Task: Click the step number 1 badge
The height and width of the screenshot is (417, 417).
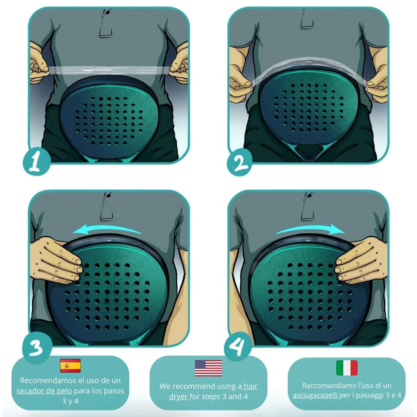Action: point(36,162)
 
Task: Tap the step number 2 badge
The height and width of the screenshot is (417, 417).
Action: point(239,163)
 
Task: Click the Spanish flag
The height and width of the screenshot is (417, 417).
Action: point(70,366)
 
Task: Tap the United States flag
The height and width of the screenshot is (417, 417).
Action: point(208,368)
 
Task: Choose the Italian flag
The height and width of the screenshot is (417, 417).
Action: point(347,368)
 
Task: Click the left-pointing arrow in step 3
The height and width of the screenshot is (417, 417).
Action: point(106,229)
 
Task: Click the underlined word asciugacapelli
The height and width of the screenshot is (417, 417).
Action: point(316,395)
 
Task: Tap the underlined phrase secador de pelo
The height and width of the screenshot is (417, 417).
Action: point(44,391)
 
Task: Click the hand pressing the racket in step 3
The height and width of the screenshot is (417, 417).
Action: point(57,260)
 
